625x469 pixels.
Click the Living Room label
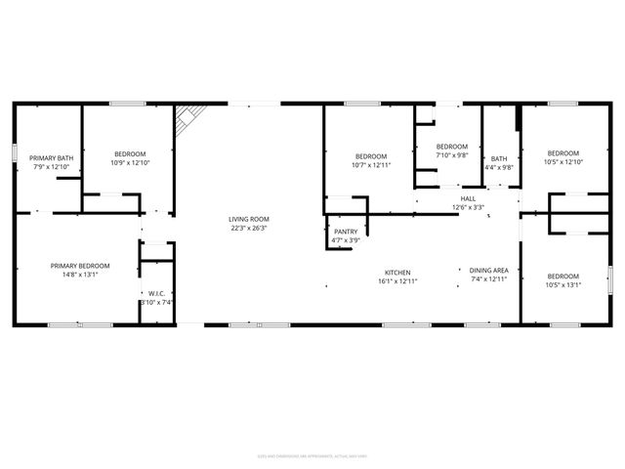pos(249,219)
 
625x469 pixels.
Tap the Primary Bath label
pos(51,158)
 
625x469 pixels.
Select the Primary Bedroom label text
pos(80,266)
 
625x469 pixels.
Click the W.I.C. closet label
pos(156,293)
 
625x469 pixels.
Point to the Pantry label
pos(346,232)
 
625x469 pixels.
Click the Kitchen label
pos(396,272)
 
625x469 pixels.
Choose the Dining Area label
pos(488,271)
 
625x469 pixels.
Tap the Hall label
pos(469,198)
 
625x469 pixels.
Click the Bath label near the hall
pos(499,159)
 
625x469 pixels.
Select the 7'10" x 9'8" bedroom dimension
pos(451,154)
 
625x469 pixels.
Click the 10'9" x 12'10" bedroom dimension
pos(130,163)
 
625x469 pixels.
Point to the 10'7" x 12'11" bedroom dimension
pos(371,165)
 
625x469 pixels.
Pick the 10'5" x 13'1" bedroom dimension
pos(562,285)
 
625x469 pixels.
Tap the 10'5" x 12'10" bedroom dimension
pos(562,162)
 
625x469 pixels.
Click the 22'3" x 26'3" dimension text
pos(249,228)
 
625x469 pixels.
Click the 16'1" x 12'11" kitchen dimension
pos(396,281)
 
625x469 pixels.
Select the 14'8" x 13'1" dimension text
pos(80,275)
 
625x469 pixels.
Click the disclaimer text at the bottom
pos(312,453)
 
